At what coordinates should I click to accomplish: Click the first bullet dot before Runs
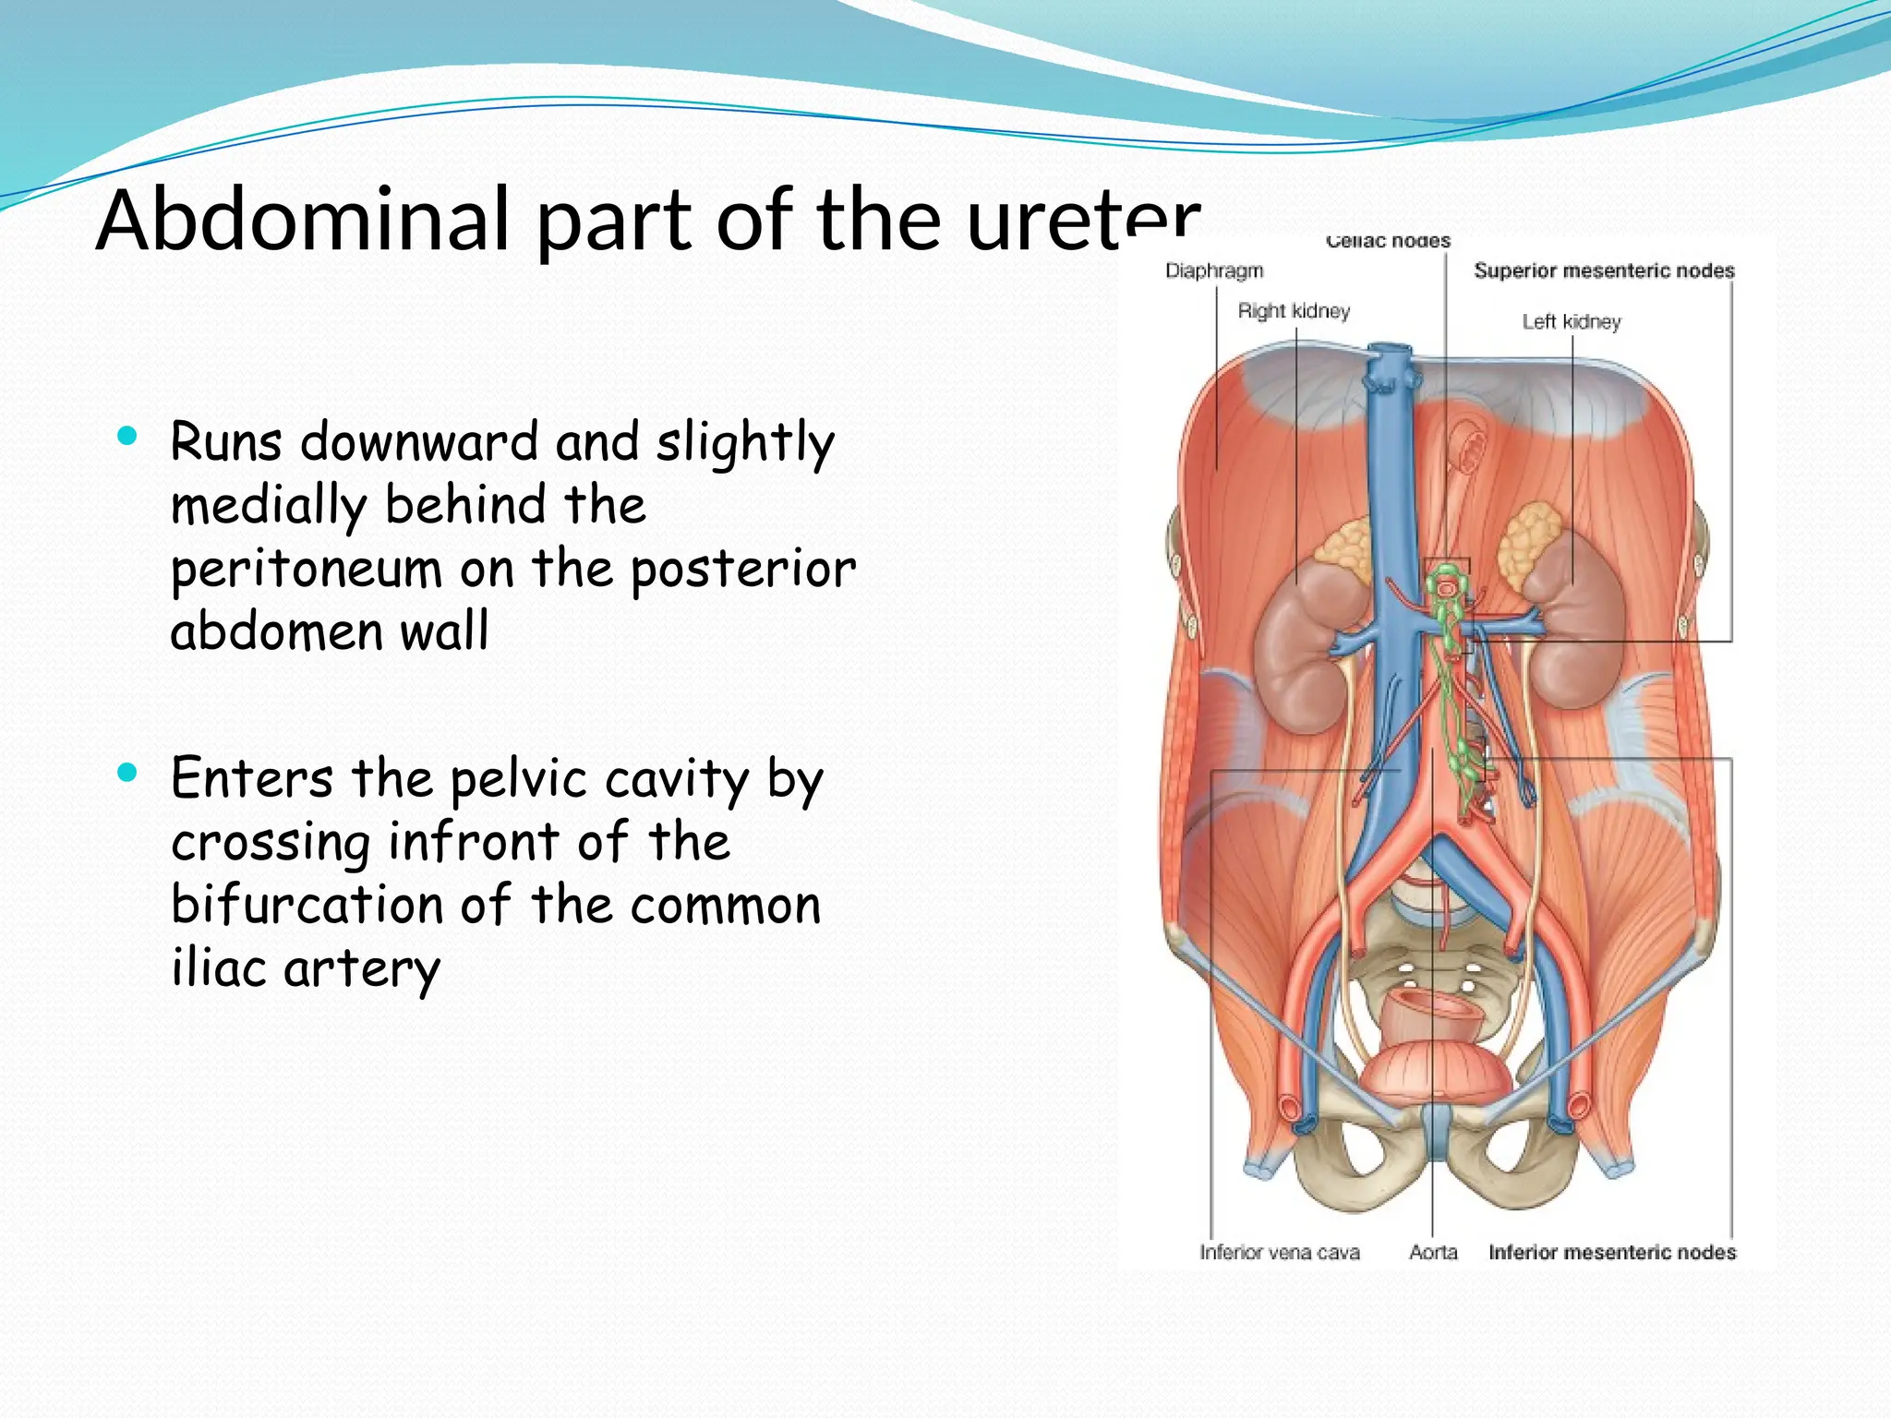pyautogui.click(x=127, y=436)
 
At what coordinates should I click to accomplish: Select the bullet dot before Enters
pyautogui.click(x=127, y=772)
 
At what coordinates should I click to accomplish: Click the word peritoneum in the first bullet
pyautogui.click(x=306, y=570)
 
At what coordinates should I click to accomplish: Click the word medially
pyautogui.click(x=269, y=506)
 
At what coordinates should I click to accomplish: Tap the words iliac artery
pyautogui.click(x=306, y=968)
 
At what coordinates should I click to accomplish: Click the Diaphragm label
pyautogui.click(x=1213, y=270)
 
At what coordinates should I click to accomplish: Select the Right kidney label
pyautogui.click(x=1294, y=311)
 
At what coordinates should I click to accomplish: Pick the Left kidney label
pyautogui.click(x=1572, y=321)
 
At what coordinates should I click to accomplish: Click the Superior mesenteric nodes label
pyautogui.click(x=1604, y=270)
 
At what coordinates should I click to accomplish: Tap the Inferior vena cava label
pyautogui.click(x=1279, y=1252)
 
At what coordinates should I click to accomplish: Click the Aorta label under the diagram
pyautogui.click(x=1433, y=1252)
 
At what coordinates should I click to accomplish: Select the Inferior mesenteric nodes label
pyautogui.click(x=1612, y=1252)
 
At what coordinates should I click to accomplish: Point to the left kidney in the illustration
pyautogui.click(x=1574, y=628)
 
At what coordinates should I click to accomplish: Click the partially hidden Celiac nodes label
pyautogui.click(x=1388, y=242)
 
